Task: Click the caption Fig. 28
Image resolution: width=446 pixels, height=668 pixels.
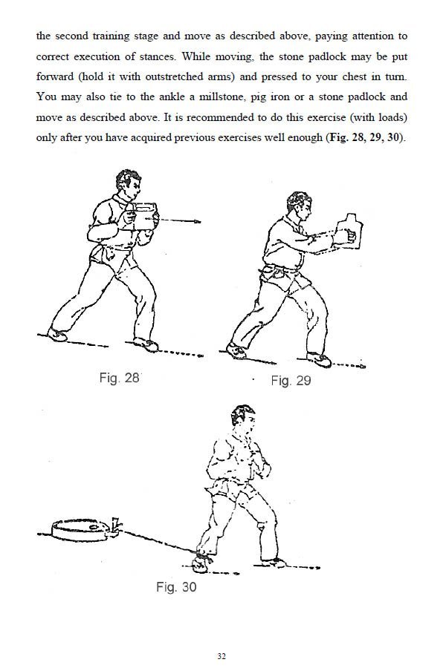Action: coord(119,377)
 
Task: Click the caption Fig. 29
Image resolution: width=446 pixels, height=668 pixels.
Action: coord(290,381)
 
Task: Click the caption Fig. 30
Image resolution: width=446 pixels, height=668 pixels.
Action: coord(176,587)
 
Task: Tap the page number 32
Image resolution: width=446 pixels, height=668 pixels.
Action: coord(222,656)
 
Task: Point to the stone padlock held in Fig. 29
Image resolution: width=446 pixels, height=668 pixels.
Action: coord(347,231)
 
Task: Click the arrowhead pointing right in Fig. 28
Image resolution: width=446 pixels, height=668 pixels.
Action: coord(195,220)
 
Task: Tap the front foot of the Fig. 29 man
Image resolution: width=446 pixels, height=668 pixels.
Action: coord(320,359)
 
